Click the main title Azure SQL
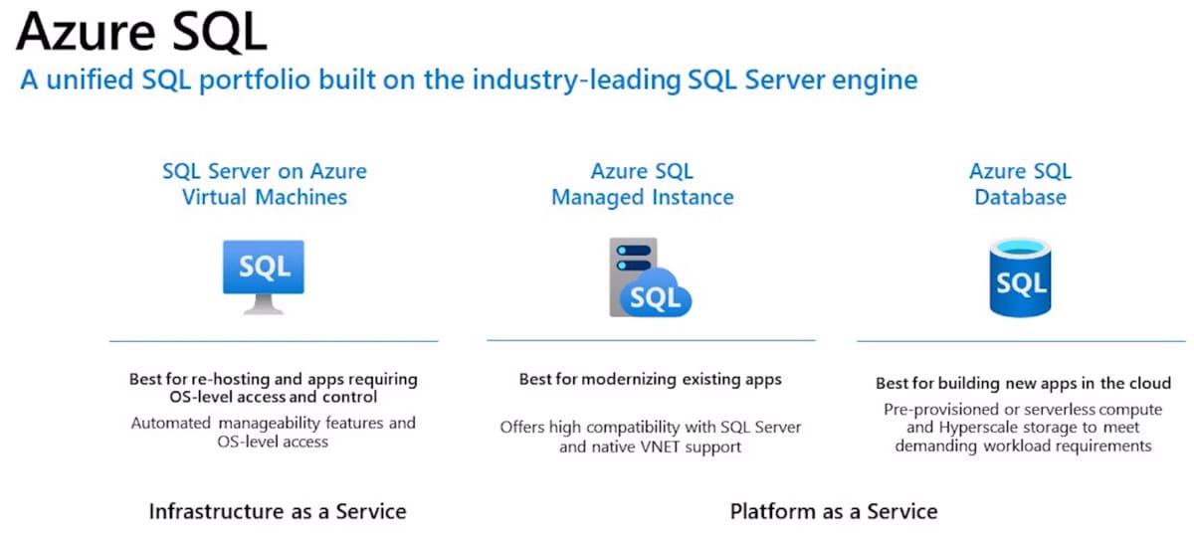click(x=141, y=33)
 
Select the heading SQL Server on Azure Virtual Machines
click(x=264, y=184)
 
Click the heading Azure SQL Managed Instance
click(x=642, y=184)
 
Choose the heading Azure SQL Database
click(x=1020, y=184)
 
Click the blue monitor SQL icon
click(x=264, y=269)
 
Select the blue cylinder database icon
click(x=1020, y=278)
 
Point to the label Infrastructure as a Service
click(x=278, y=511)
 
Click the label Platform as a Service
click(x=834, y=511)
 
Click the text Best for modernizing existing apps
click(x=651, y=379)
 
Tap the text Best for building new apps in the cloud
click(x=1023, y=383)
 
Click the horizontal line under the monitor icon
click(x=273, y=341)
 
